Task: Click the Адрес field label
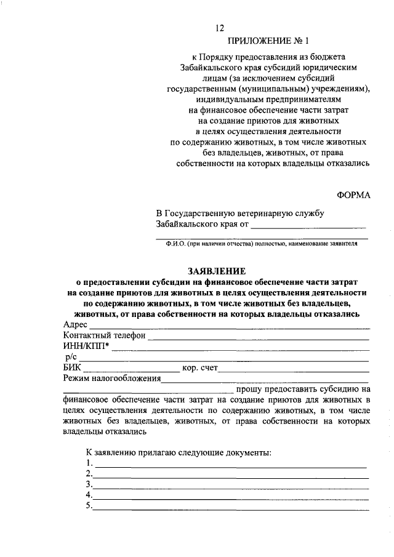coord(75,324)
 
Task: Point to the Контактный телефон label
coord(104,335)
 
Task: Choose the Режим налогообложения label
coord(111,379)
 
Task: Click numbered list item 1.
coord(89,463)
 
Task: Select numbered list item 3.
coord(89,484)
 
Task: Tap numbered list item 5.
coord(89,506)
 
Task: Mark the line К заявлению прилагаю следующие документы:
coord(179,452)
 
